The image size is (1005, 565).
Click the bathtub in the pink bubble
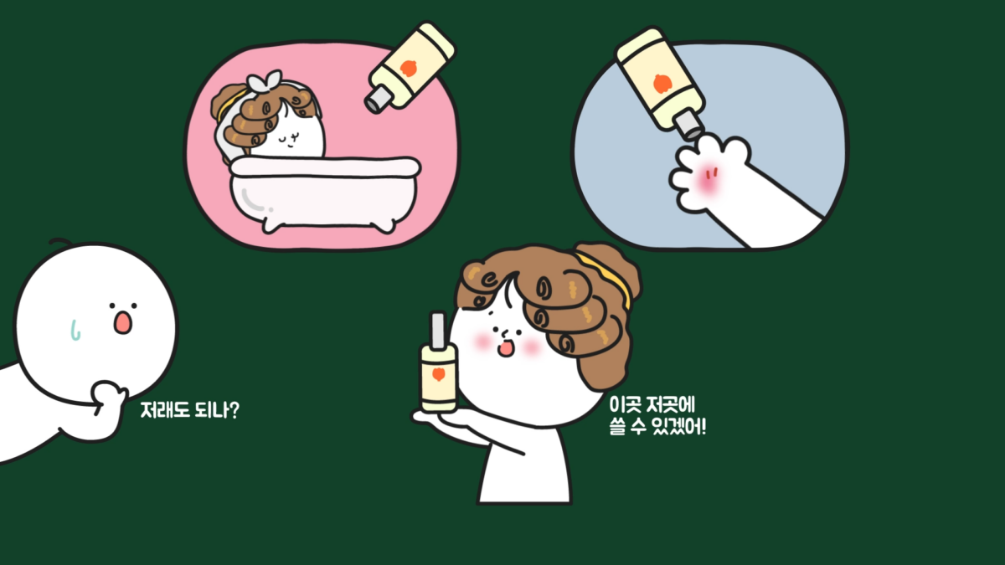(x=325, y=193)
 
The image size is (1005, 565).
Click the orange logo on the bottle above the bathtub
(x=409, y=68)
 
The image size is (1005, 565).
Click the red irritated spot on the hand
(x=708, y=179)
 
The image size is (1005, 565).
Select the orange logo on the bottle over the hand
(x=662, y=84)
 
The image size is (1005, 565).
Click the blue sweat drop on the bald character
(x=75, y=330)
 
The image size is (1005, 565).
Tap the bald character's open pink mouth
(x=122, y=323)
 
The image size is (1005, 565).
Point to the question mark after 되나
(x=234, y=410)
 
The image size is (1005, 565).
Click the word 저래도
(x=165, y=410)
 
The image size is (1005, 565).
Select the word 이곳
(x=625, y=404)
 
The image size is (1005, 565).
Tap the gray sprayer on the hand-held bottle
(x=437, y=330)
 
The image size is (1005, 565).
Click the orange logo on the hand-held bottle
(x=438, y=373)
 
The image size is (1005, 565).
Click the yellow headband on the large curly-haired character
(x=606, y=275)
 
